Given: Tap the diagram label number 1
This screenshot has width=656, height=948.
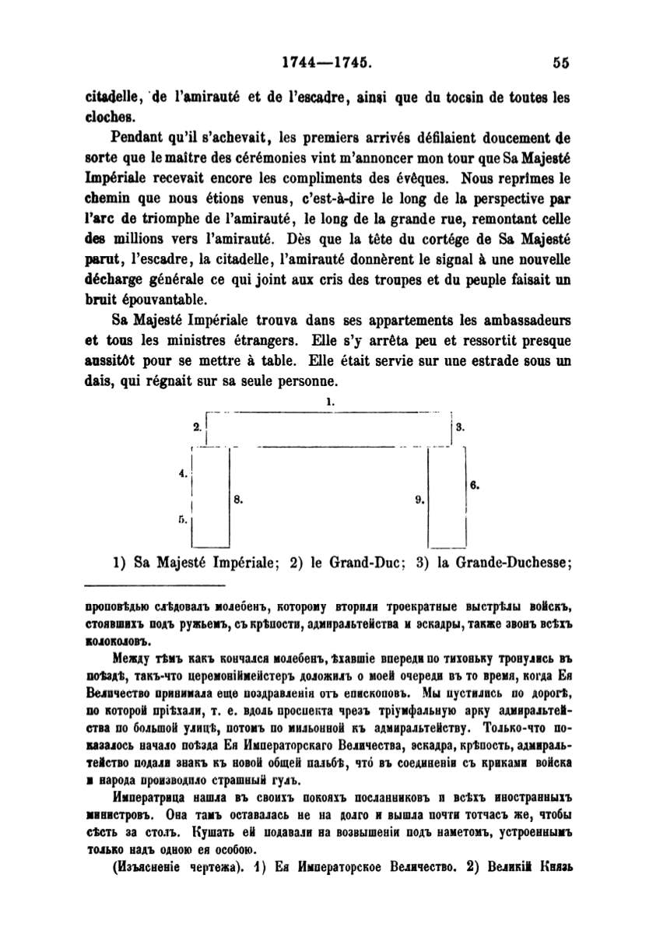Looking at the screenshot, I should (x=330, y=402).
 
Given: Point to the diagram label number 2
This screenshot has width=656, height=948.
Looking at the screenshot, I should (x=198, y=427).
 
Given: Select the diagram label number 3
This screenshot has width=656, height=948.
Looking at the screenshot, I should (x=461, y=427).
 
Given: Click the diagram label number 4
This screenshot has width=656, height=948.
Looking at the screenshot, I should (x=183, y=472).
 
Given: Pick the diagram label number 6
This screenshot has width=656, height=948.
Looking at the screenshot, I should (x=475, y=484).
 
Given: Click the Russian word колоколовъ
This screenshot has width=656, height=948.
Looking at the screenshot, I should (x=117, y=643).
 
